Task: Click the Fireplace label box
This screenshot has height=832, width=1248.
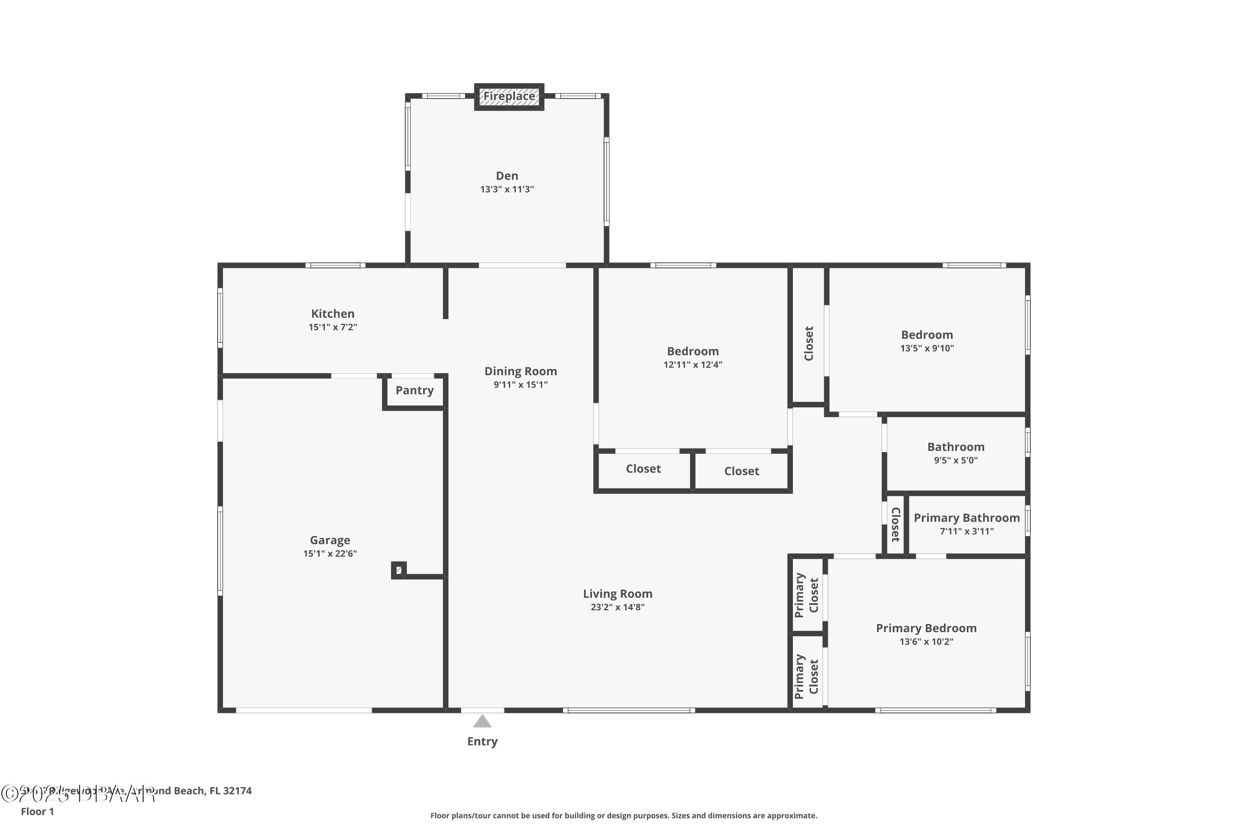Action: click(x=509, y=97)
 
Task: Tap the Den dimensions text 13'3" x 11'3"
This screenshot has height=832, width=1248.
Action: click(x=507, y=189)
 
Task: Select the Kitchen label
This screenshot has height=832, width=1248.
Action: click(x=333, y=314)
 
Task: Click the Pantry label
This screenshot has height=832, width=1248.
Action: click(x=414, y=391)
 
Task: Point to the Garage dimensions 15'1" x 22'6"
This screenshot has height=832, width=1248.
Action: click(x=329, y=553)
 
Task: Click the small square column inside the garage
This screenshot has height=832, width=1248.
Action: click(x=399, y=570)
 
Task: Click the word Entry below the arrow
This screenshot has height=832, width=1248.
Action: click(x=482, y=741)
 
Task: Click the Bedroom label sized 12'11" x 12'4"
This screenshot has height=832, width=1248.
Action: click(x=693, y=351)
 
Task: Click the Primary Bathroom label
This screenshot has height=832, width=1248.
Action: click(x=966, y=518)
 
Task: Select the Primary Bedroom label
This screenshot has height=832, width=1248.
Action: click(x=926, y=628)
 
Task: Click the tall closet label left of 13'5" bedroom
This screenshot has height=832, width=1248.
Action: click(x=809, y=343)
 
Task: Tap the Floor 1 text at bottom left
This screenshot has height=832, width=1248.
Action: click(x=37, y=811)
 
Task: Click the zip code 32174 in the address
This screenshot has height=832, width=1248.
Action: click(x=237, y=791)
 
